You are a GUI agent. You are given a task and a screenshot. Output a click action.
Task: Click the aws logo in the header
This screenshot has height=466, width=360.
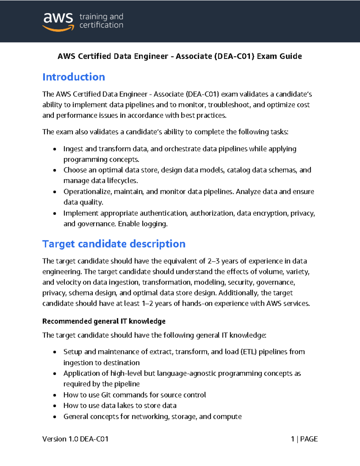(58, 22)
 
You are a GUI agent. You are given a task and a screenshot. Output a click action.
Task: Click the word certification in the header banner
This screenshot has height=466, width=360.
(101, 25)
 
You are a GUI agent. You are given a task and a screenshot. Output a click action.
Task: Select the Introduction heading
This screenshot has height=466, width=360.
(73, 77)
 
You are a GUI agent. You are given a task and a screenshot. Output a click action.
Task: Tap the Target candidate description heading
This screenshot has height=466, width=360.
(114, 244)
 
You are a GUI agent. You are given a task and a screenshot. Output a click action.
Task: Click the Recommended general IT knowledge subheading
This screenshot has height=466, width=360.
(104, 321)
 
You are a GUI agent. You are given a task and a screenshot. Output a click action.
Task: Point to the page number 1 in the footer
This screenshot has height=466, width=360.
(292, 439)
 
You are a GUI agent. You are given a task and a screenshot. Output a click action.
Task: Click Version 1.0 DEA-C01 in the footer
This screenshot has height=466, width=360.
(75, 439)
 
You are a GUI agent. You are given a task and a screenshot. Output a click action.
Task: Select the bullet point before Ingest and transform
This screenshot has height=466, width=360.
(55, 149)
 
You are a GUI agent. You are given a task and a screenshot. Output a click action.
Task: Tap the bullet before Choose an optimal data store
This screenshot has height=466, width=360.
(55, 170)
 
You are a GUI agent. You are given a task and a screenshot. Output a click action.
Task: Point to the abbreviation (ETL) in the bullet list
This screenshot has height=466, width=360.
(249, 352)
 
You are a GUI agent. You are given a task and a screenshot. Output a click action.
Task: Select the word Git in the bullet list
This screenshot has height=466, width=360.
(106, 395)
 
